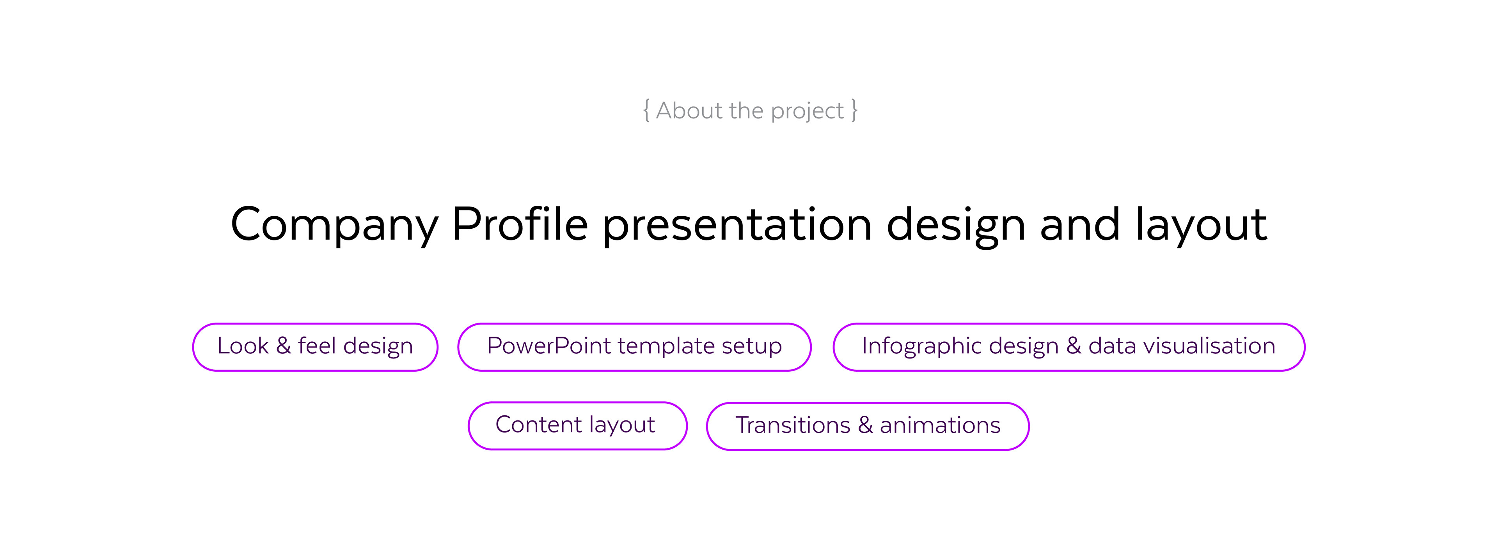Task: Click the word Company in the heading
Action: (x=334, y=225)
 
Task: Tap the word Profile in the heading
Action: (x=520, y=223)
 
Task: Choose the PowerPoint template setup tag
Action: (x=634, y=347)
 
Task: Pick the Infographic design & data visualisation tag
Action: (x=1069, y=347)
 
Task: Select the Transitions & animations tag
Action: (x=868, y=426)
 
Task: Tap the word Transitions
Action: (x=793, y=425)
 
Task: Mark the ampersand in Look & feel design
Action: (x=283, y=346)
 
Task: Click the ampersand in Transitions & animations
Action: (x=865, y=425)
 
